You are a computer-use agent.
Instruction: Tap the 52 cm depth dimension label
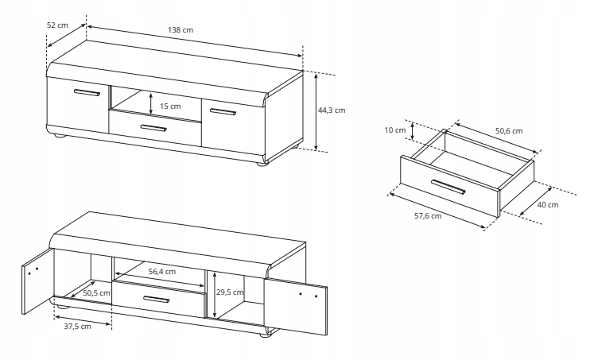click(x=57, y=25)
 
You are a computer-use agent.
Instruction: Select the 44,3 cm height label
click(x=332, y=110)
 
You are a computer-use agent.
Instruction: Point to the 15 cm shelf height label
click(x=170, y=106)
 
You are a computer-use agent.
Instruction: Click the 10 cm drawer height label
click(x=395, y=130)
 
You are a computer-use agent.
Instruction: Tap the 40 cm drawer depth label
click(x=548, y=204)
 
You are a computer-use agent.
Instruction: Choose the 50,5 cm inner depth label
click(x=95, y=292)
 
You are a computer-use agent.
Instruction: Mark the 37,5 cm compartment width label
click(x=73, y=326)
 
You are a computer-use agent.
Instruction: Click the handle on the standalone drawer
click(x=448, y=188)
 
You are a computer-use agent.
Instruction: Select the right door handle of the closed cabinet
click(x=223, y=111)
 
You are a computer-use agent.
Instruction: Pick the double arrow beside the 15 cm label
click(x=152, y=103)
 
